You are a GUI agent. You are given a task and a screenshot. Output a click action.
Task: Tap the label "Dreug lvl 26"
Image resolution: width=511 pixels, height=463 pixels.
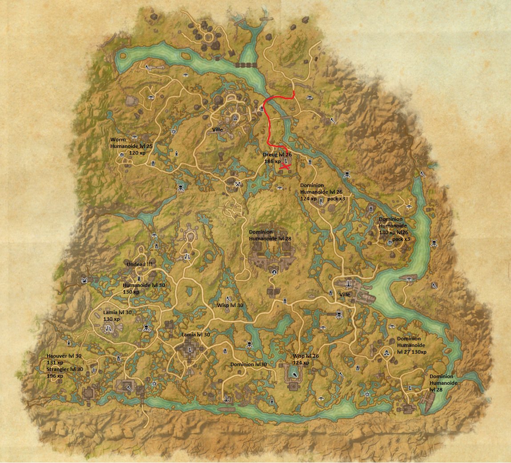pyautogui.click(x=277, y=154)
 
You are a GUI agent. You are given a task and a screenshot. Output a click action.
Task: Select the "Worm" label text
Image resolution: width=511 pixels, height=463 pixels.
pyautogui.click(x=118, y=140)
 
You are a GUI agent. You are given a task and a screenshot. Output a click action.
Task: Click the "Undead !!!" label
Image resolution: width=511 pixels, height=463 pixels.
pyautogui.click(x=139, y=264)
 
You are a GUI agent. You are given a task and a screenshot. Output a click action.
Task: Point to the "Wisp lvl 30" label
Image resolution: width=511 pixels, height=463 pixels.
pyautogui.click(x=230, y=305)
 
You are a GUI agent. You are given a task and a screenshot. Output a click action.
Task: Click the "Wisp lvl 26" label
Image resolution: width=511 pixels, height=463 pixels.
pyautogui.click(x=306, y=356)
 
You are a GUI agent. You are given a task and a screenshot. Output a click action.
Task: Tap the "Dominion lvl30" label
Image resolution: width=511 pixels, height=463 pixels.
pyautogui.click(x=249, y=364)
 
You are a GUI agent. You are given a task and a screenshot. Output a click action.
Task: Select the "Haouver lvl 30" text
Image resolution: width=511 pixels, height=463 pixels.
pyautogui.click(x=64, y=356)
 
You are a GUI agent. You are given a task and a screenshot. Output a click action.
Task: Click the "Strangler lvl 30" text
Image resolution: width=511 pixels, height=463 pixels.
pyautogui.click(x=65, y=369)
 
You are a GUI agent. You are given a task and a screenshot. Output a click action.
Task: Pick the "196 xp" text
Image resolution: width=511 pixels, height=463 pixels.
pyautogui.click(x=55, y=376)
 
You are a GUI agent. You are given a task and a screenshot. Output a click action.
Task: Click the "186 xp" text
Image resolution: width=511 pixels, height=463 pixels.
pyautogui.click(x=272, y=161)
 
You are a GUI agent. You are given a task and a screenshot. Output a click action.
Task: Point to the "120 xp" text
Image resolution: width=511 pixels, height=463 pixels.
pyautogui.click(x=137, y=152)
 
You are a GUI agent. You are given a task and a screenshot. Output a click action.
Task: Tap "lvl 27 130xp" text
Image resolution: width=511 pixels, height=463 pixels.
pyautogui.click(x=411, y=352)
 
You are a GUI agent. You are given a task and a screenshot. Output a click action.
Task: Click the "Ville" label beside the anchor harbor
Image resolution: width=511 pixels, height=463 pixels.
pyautogui.click(x=345, y=295)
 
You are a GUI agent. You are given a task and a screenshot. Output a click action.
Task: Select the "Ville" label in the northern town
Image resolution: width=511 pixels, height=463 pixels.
pyautogui.click(x=217, y=130)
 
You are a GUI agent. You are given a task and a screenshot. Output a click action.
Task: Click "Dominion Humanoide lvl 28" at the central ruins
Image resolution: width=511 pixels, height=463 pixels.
pyautogui.click(x=270, y=235)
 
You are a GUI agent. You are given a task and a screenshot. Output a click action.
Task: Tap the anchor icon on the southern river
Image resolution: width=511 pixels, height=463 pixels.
pyautogui.click(x=225, y=398)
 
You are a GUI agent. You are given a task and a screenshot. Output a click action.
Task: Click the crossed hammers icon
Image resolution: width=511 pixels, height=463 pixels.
pyautogui.click(x=239, y=183)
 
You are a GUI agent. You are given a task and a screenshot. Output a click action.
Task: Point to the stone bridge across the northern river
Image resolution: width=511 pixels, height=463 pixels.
pyautogui.click(x=246, y=65)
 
